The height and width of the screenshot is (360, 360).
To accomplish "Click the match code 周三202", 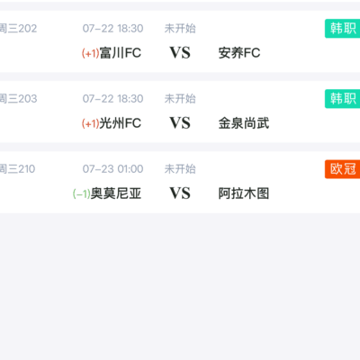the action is click(18, 29).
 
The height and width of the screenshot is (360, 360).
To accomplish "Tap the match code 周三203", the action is click(18, 99).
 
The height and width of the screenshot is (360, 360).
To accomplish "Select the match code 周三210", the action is click(17, 169).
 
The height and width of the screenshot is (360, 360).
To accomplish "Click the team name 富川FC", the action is click(121, 53).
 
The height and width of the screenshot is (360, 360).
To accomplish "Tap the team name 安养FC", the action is click(239, 53).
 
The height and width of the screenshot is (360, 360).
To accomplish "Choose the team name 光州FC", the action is click(121, 123).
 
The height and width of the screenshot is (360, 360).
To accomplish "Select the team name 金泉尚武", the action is click(244, 123).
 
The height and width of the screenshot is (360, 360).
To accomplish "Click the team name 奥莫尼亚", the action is click(116, 193).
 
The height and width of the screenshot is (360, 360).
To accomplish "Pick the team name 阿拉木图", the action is click(244, 193).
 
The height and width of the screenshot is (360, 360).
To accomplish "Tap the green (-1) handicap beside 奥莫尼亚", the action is click(82, 193).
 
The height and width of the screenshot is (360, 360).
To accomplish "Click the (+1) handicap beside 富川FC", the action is click(91, 53).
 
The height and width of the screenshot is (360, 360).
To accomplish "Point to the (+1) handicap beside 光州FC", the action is click(91, 123).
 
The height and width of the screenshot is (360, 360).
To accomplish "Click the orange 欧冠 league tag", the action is click(343, 169).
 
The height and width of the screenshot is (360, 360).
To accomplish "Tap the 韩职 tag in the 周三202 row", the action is click(343, 29).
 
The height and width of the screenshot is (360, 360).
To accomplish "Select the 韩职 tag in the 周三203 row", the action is click(343, 99).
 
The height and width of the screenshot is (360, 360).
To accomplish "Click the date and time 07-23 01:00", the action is click(112, 169).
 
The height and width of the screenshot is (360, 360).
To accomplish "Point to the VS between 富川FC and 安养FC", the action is click(180, 53).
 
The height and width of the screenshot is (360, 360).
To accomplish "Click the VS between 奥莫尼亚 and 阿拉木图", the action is click(180, 193).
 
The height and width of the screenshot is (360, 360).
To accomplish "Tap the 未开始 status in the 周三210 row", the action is click(180, 169).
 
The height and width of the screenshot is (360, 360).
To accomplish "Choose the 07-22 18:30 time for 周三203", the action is click(112, 99).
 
